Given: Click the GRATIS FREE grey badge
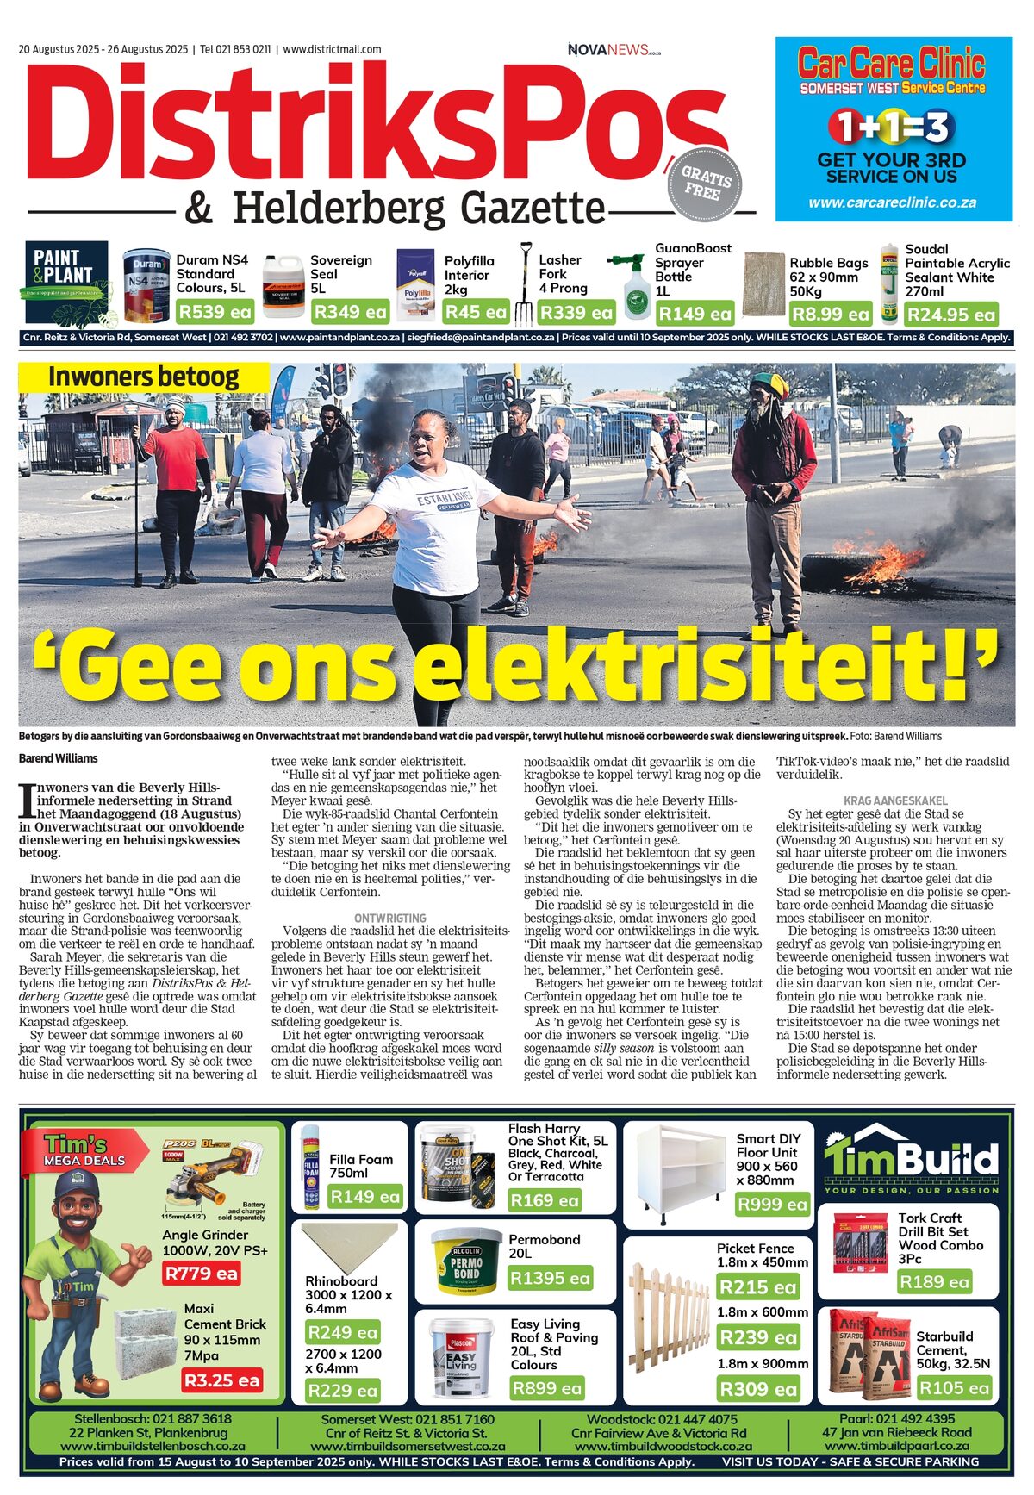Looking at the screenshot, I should [706, 183].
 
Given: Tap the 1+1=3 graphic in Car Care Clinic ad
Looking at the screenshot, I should [892, 128].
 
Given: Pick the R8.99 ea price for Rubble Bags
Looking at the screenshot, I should [831, 314].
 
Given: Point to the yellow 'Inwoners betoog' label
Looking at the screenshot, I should [143, 377].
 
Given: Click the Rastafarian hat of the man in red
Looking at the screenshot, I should [769, 385].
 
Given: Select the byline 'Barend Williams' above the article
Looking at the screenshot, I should [59, 758].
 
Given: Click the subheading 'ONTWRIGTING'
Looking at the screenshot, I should [389, 919].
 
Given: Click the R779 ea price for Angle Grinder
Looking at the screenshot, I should [202, 1273].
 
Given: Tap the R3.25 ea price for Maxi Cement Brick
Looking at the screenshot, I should [221, 1380].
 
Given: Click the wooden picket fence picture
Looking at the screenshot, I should [669, 1319].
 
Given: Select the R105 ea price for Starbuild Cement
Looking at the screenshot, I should [953, 1387].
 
